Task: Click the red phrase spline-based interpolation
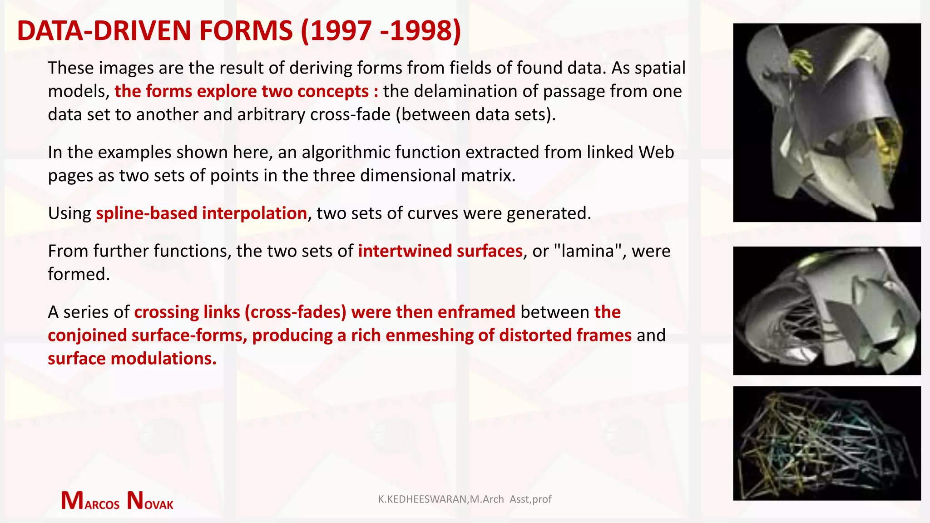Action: click(x=201, y=213)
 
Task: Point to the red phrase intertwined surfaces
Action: click(x=440, y=251)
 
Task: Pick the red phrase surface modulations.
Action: click(x=132, y=359)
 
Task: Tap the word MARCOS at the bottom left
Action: click(x=90, y=501)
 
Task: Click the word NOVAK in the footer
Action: click(x=150, y=501)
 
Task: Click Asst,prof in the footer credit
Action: click(x=530, y=499)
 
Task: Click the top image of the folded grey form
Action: click(x=826, y=123)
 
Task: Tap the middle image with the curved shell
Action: click(x=826, y=311)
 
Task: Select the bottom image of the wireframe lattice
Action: click(x=826, y=443)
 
